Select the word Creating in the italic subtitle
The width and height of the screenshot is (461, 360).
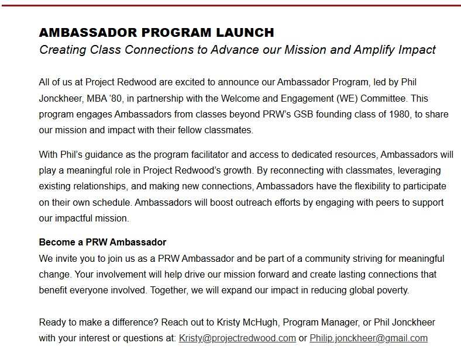coord(62,50)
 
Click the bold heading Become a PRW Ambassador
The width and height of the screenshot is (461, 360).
coord(102,242)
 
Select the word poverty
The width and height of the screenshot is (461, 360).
coord(391,290)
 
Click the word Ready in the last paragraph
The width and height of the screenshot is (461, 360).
coord(53,322)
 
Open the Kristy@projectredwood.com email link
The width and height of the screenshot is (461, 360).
coord(237,338)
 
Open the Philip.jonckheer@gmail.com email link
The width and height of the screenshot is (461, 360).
coord(368,338)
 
